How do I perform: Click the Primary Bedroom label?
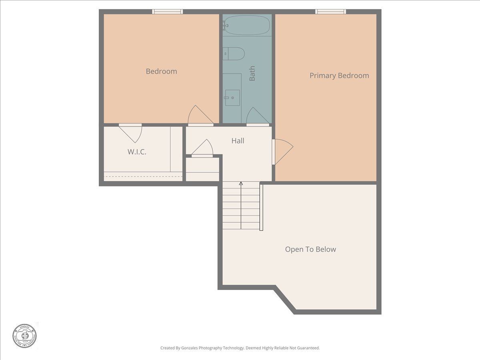click(339, 76)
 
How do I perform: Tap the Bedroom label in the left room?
click(161, 71)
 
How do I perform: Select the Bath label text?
click(252, 74)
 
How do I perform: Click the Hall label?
click(238, 141)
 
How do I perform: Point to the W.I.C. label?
click(137, 152)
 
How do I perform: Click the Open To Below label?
click(310, 249)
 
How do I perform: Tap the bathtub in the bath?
click(247, 25)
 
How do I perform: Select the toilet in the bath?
click(234, 54)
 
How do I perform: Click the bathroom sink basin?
click(232, 97)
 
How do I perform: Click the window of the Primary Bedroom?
click(330, 12)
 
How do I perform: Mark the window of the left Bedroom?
click(168, 12)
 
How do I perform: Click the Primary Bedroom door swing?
click(282, 151)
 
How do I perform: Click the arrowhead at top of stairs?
click(241, 184)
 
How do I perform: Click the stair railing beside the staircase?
click(261, 207)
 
